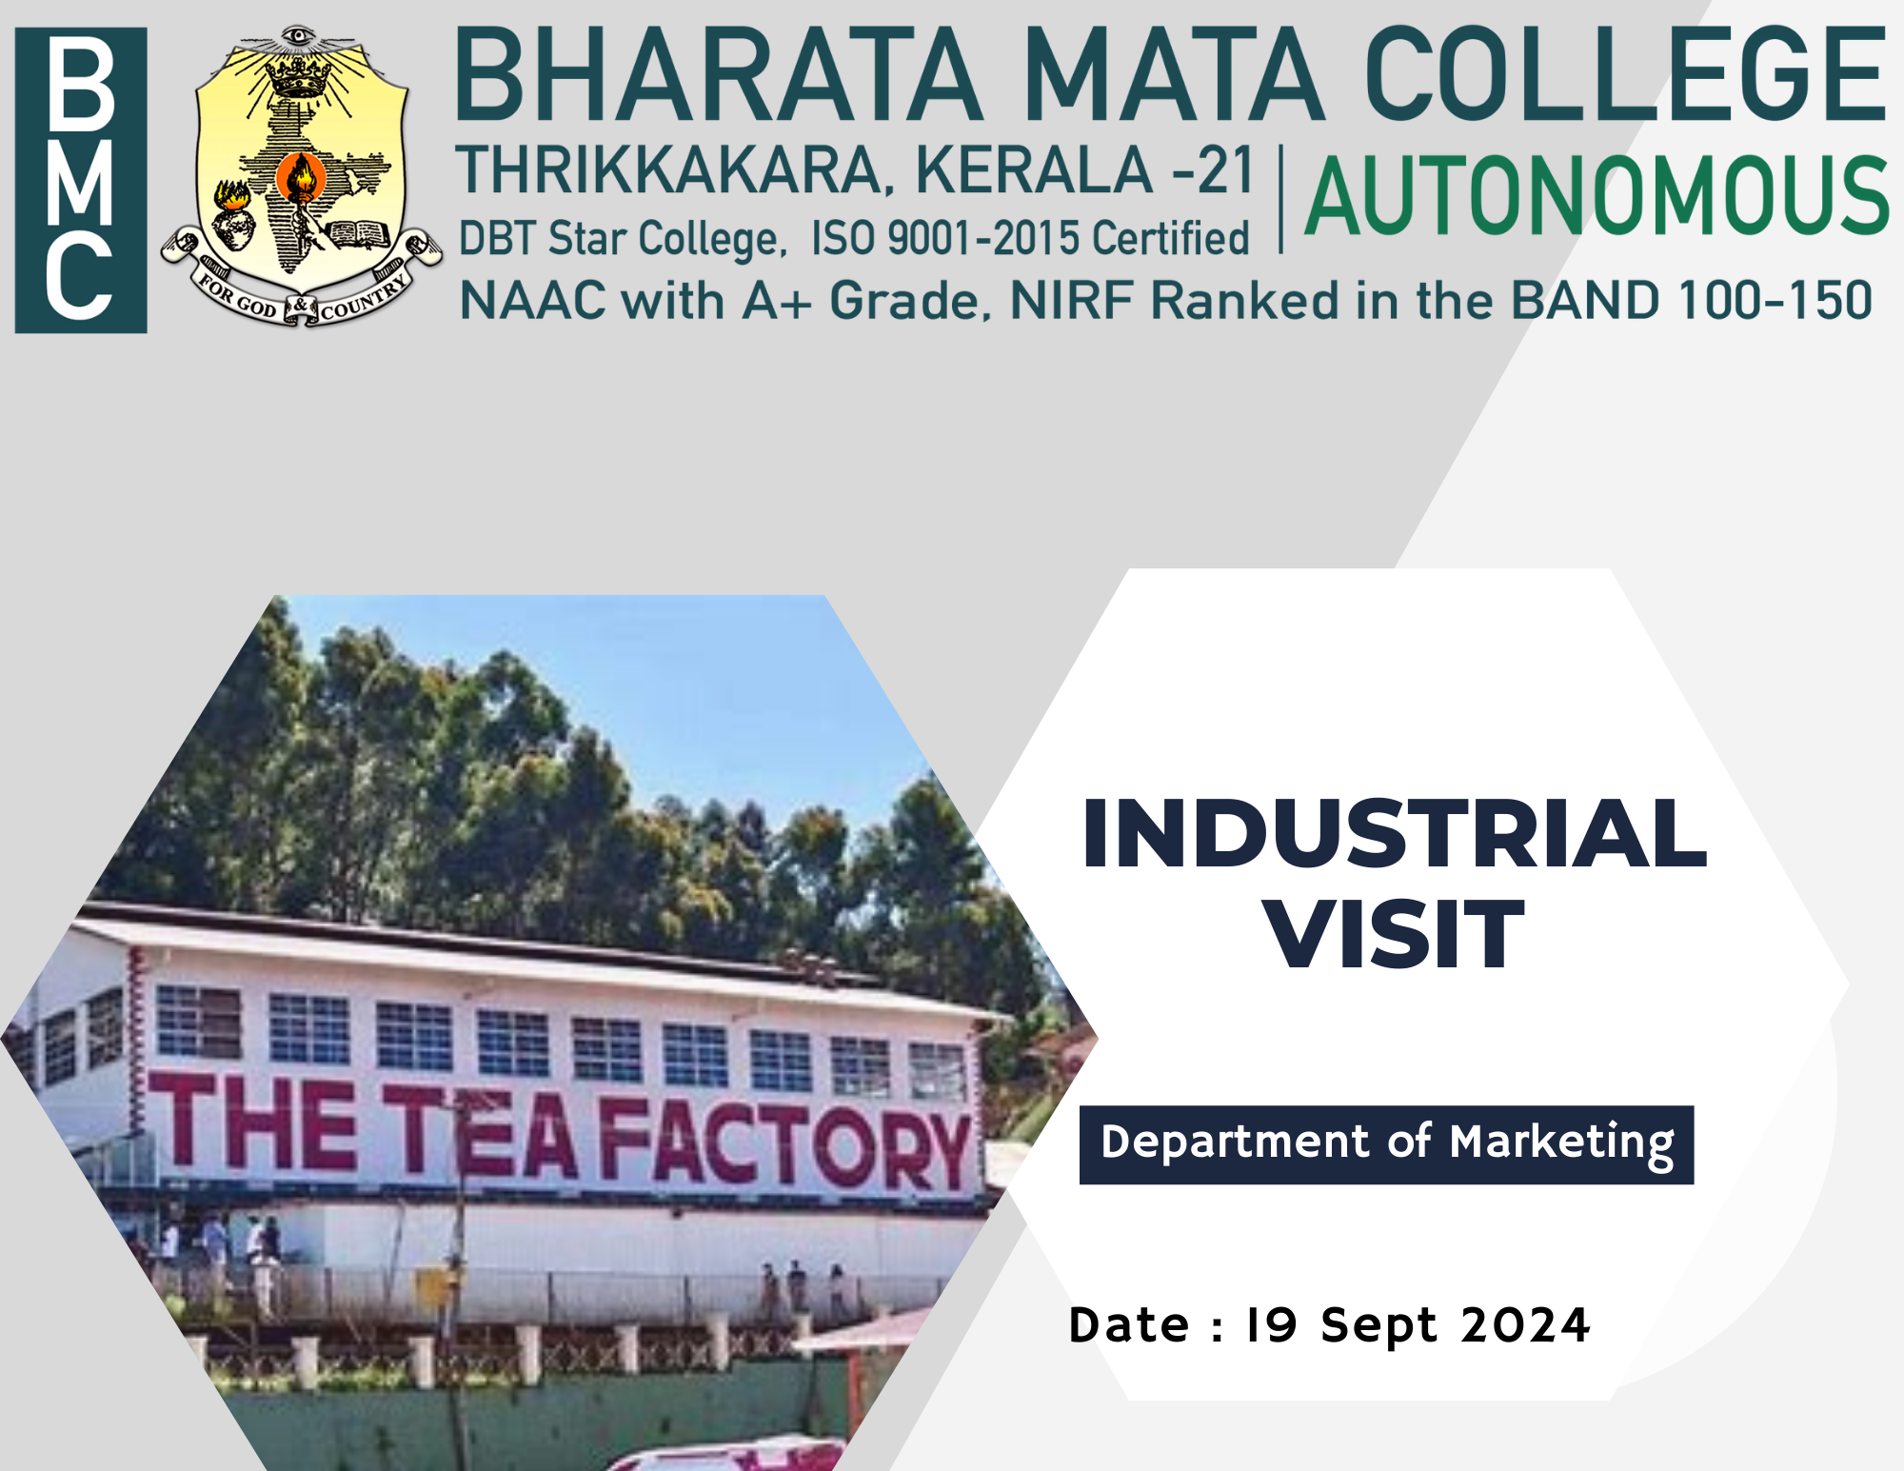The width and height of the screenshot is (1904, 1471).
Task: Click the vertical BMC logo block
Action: [x=81, y=180]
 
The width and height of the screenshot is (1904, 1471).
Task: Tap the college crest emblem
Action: [x=301, y=177]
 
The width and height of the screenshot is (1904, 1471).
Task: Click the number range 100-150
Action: [x=1775, y=301]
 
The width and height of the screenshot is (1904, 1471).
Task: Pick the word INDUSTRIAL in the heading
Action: [x=1394, y=834]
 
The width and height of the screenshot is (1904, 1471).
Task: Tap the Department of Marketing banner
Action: [x=1386, y=1144]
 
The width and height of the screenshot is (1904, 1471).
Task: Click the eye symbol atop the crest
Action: [x=299, y=37]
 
